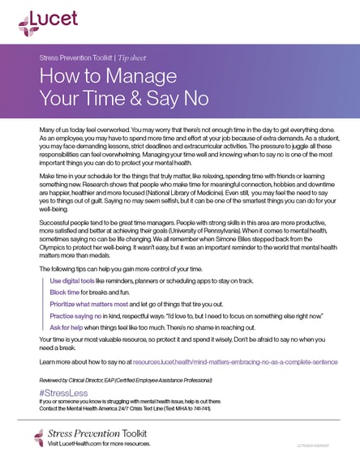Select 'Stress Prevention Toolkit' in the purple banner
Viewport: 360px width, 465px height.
coord(82,59)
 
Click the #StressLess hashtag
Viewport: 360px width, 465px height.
coord(61,392)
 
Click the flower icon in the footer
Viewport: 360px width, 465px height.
coord(39,438)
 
